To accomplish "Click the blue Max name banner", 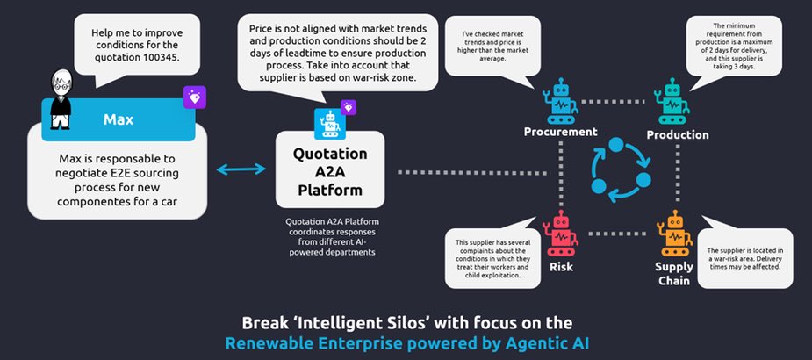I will coord(119,119).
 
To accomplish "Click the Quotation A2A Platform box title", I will coord(330,166).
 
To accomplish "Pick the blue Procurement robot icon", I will coord(559,102).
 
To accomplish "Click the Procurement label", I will coord(560,132).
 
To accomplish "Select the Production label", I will coord(677,134).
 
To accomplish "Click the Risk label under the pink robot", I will coord(560,265).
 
